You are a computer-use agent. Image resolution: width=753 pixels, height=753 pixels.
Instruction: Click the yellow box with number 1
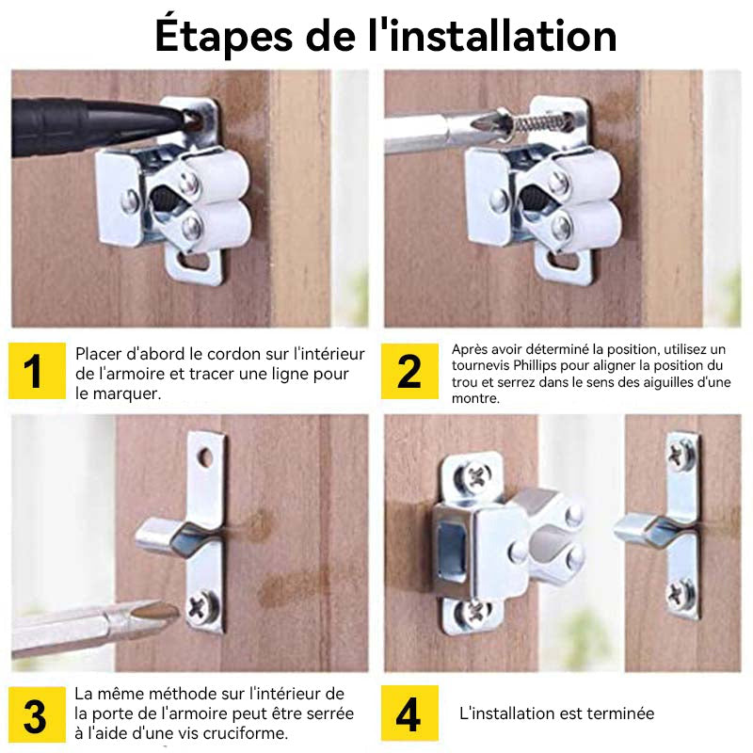37,371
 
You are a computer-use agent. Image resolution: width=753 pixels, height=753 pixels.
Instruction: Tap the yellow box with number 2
409,371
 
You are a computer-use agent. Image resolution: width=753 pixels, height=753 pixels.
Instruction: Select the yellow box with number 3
37,714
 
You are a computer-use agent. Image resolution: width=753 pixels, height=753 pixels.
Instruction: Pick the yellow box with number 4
409,713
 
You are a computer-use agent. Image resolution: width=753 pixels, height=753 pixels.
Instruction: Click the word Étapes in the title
224,37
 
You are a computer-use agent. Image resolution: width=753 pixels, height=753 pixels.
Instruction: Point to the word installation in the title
503,36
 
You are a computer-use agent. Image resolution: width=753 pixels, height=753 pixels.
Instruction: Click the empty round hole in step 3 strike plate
205,457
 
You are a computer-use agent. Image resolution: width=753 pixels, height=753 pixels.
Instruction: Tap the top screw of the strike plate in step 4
681,454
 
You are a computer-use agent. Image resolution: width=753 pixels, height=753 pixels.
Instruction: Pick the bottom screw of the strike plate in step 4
681,595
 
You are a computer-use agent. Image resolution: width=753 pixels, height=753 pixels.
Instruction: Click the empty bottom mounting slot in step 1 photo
195,262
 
